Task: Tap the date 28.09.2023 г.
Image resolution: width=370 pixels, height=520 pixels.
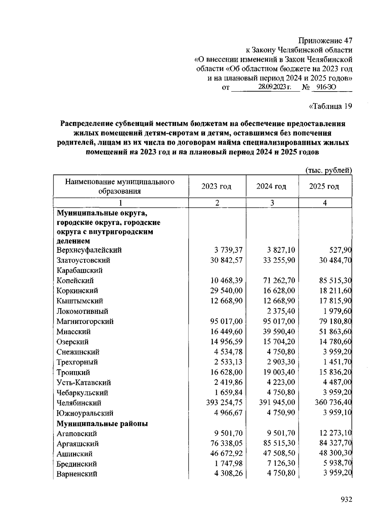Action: (275, 88)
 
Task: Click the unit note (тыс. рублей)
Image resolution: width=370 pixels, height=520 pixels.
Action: (329, 170)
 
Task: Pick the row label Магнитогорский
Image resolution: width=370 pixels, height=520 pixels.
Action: (85, 321)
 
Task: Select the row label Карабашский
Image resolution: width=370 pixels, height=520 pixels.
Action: (80, 270)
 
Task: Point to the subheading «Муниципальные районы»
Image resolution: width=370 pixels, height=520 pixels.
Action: (102, 424)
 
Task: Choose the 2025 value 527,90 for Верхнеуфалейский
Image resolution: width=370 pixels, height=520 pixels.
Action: (340, 250)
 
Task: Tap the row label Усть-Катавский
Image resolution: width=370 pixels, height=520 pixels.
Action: (84, 383)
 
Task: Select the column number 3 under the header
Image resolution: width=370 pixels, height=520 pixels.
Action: (272, 203)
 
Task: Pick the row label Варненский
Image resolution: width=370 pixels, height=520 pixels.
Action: (77, 474)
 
